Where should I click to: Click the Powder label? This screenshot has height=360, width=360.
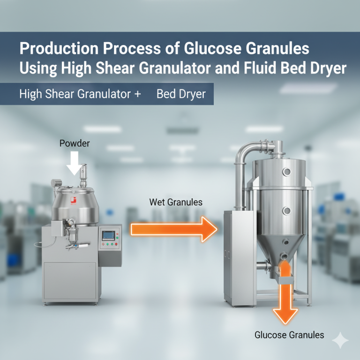[x=75, y=143]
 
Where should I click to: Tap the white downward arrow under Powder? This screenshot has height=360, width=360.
[x=74, y=163]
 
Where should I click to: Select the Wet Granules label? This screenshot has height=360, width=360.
[x=176, y=202]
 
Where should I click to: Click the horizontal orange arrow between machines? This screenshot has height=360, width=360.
[x=174, y=229]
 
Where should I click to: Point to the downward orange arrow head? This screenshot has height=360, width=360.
[x=285, y=316]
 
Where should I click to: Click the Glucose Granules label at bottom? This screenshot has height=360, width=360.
[x=289, y=335]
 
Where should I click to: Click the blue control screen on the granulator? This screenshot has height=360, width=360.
[x=108, y=236]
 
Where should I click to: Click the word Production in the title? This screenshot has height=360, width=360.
[x=59, y=48]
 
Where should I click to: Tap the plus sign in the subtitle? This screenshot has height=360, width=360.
[x=138, y=94]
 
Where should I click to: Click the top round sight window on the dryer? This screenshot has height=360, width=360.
[x=287, y=172]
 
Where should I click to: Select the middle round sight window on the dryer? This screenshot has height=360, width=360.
[x=286, y=210]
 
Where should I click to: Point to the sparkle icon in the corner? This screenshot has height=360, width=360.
[x=340, y=340]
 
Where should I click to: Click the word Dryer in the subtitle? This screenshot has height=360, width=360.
[x=192, y=94]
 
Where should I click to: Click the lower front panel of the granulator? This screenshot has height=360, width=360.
[x=70, y=281]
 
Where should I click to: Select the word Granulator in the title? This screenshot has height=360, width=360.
[x=175, y=68]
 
